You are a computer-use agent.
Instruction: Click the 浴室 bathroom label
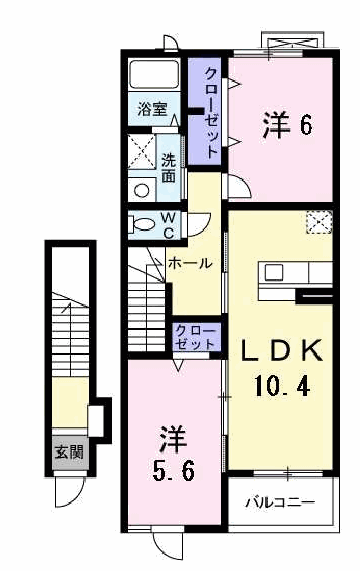(153, 109)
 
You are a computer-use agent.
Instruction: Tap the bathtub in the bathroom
(154, 75)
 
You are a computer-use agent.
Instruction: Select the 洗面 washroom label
(169, 168)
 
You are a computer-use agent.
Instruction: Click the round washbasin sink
(141, 190)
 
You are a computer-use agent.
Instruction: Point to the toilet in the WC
(143, 223)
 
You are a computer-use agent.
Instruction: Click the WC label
(168, 226)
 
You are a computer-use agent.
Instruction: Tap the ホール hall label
(190, 263)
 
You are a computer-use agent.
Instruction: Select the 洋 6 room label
(288, 125)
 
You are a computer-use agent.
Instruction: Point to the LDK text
(282, 350)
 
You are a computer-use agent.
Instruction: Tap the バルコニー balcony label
(280, 503)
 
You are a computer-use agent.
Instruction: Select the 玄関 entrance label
(69, 452)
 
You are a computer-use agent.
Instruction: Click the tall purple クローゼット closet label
(211, 112)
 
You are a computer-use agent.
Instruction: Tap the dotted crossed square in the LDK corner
(319, 222)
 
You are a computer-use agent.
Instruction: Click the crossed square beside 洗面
(141, 151)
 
